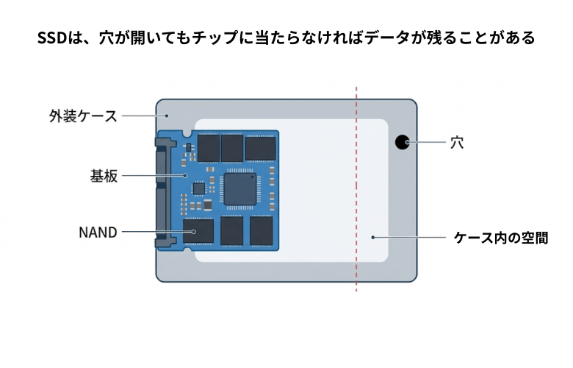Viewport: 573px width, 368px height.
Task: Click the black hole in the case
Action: tap(401, 142)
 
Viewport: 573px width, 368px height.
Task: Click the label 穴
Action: tap(457, 142)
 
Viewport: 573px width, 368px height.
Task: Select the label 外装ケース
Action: tap(83, 116)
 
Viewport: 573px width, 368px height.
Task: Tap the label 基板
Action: tap(104, 176)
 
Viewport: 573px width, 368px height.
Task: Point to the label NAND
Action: tap(98, 233)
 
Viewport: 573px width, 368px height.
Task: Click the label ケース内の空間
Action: tap(501, 238)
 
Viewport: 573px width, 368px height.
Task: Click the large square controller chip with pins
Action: tap(241, 188)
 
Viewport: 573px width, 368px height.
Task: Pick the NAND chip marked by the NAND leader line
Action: tap(198, 230)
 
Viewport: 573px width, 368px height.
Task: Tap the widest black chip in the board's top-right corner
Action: tap(260, 148)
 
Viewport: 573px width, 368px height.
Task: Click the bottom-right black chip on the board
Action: tap(261, 230)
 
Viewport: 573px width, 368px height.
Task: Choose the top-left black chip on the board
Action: tap(209, 147)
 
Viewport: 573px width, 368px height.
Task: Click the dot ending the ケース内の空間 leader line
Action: tap(373, 238)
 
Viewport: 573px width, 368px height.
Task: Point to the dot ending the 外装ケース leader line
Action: tap(167, 116)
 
